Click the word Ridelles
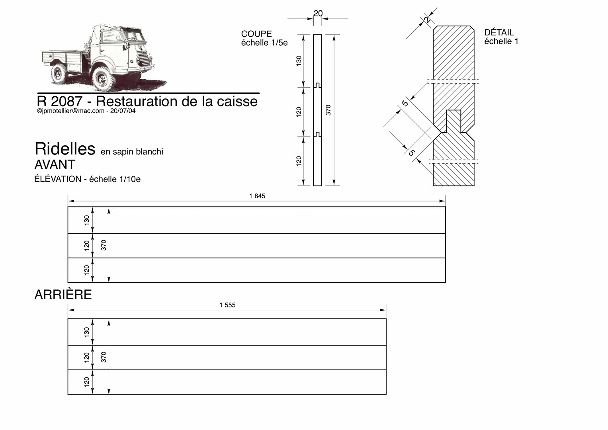[x=65, y=149]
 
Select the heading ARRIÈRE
[x=63, y=294]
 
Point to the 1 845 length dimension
[x=257, y=196]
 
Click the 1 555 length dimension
[x=227, y=305]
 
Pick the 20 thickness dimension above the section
[x=318, y=13]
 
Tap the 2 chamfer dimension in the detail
[x=427, y=20]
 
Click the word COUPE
[x=256, y=34]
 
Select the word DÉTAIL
[x=499, y=32]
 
